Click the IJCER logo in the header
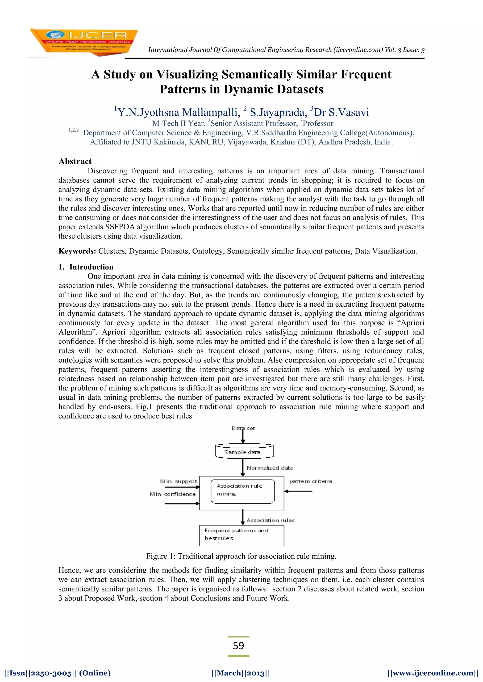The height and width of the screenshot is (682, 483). (x=84, y=42)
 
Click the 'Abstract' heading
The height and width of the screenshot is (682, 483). (x=75, y=161)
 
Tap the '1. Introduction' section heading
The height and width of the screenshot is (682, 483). (x=86, y=267)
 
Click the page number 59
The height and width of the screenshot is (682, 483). (x=238, y=645)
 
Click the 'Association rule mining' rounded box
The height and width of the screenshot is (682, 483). (x=242, y=491)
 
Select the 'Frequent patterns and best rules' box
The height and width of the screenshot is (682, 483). (x=241, y=535)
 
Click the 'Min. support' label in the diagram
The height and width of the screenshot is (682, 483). (x=179, y=481)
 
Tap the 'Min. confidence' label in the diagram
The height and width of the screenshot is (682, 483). (x=172, y=494)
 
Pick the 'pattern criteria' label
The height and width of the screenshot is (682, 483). (x=311, y=481)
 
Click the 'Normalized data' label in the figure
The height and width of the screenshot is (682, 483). (x=270, y=468)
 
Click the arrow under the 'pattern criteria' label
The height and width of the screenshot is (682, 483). (x=298, y=491)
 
